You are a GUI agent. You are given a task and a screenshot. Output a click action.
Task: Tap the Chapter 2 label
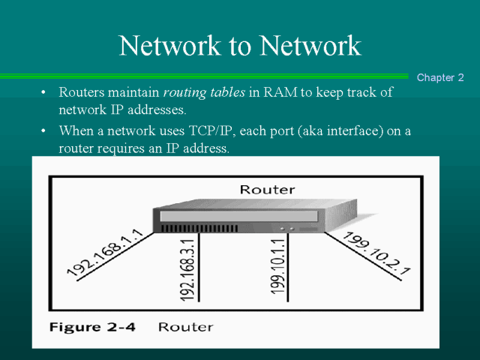point(440,77)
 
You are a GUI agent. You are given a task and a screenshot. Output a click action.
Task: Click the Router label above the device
point(267,190)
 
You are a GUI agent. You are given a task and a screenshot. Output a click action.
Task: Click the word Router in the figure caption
point(186,327)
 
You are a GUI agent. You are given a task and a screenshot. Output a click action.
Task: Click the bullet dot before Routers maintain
point(43,93)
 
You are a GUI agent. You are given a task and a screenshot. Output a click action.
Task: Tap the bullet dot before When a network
point(43,131)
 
